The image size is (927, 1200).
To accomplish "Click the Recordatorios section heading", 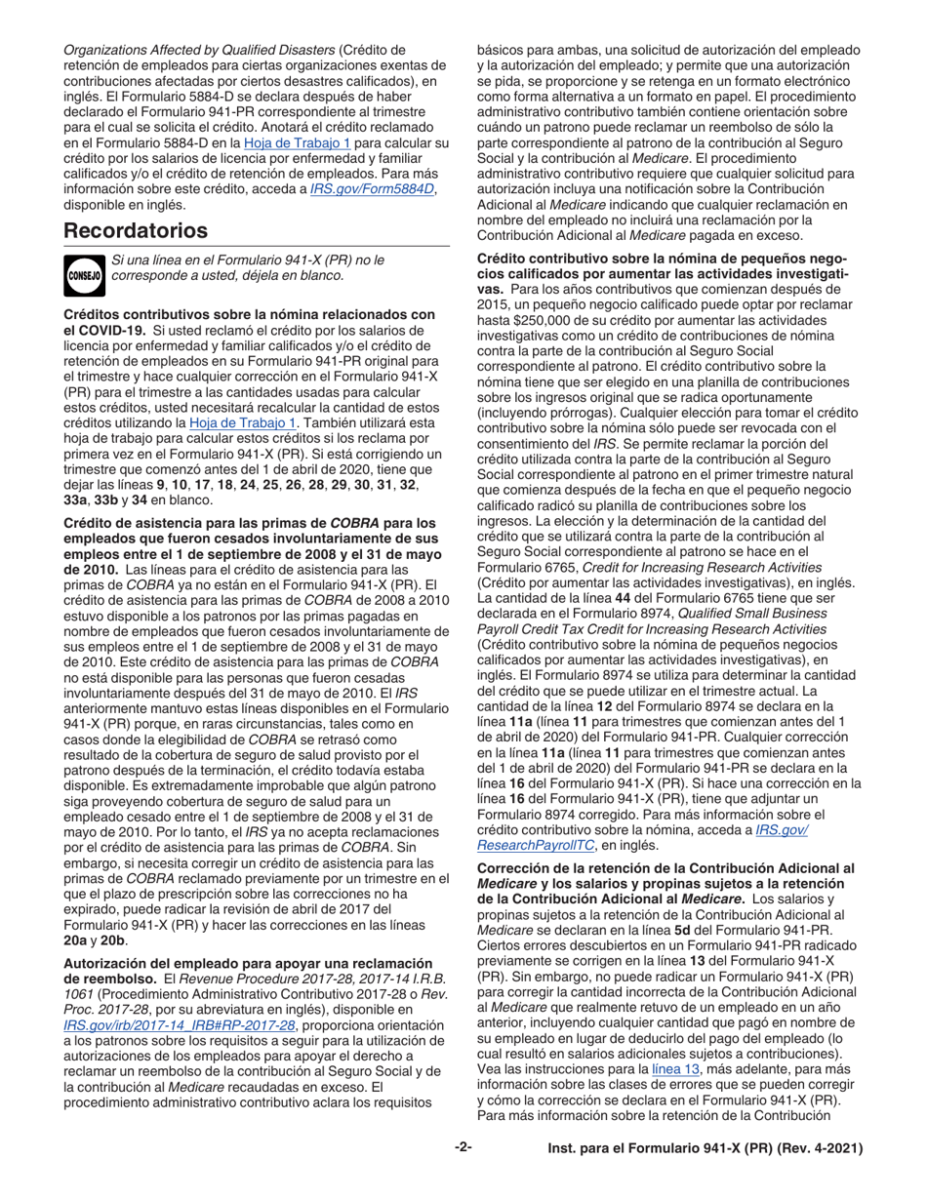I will (136, 231).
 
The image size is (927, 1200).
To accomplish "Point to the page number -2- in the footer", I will (463, 1149).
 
